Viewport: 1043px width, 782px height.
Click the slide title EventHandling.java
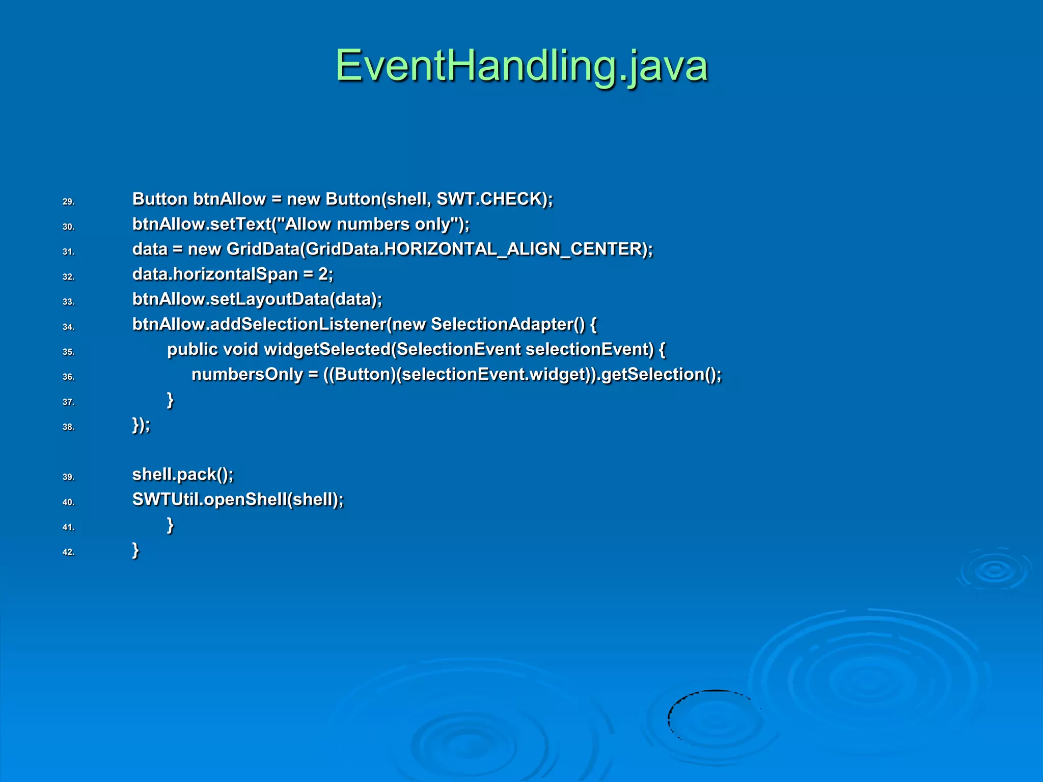[x=521, y=66]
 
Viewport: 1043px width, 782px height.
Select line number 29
[x=68, y=202]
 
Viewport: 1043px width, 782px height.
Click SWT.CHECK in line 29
[x=491, y=199]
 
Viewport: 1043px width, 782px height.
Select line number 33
[x=68, y=302]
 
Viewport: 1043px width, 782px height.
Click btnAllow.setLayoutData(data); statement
[x=257, y=299]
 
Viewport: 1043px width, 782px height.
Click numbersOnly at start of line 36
[x=247, y=374]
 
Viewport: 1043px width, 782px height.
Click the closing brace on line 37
[x=171, y=400]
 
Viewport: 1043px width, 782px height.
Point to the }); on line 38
[x=141, y=425]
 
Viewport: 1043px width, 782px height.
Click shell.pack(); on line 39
[x=182, y=474]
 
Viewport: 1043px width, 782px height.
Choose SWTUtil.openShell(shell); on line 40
[x=237, y=499]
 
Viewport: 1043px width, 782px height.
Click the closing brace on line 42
[x=135, y=550]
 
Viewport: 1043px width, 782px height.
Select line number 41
[x=68, y=527]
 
